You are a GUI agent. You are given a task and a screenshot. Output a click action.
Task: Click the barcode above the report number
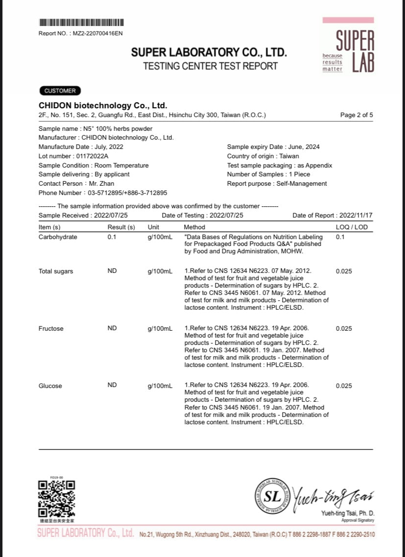81,23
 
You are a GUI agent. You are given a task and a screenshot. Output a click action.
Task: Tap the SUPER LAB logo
348,46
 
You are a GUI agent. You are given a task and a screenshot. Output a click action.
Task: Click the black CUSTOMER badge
60,91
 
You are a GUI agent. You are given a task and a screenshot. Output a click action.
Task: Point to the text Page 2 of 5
357,115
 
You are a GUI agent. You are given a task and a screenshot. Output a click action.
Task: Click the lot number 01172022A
93,156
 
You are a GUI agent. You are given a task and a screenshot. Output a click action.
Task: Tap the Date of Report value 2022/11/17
356,216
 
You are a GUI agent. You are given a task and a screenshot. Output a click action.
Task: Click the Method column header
194,227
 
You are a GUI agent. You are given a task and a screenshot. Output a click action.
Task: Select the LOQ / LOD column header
351,227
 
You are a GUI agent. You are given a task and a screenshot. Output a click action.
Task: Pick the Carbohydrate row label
58,237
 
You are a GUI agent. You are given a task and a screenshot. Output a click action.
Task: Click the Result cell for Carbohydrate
112,237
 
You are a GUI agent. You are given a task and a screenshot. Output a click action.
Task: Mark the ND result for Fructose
112,328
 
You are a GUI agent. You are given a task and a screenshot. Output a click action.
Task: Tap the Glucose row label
50,386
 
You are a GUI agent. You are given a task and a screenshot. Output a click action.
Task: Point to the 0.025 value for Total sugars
344,271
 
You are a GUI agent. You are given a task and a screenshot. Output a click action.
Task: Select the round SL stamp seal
273,496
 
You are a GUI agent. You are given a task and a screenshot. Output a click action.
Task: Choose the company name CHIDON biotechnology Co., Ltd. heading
103,106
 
